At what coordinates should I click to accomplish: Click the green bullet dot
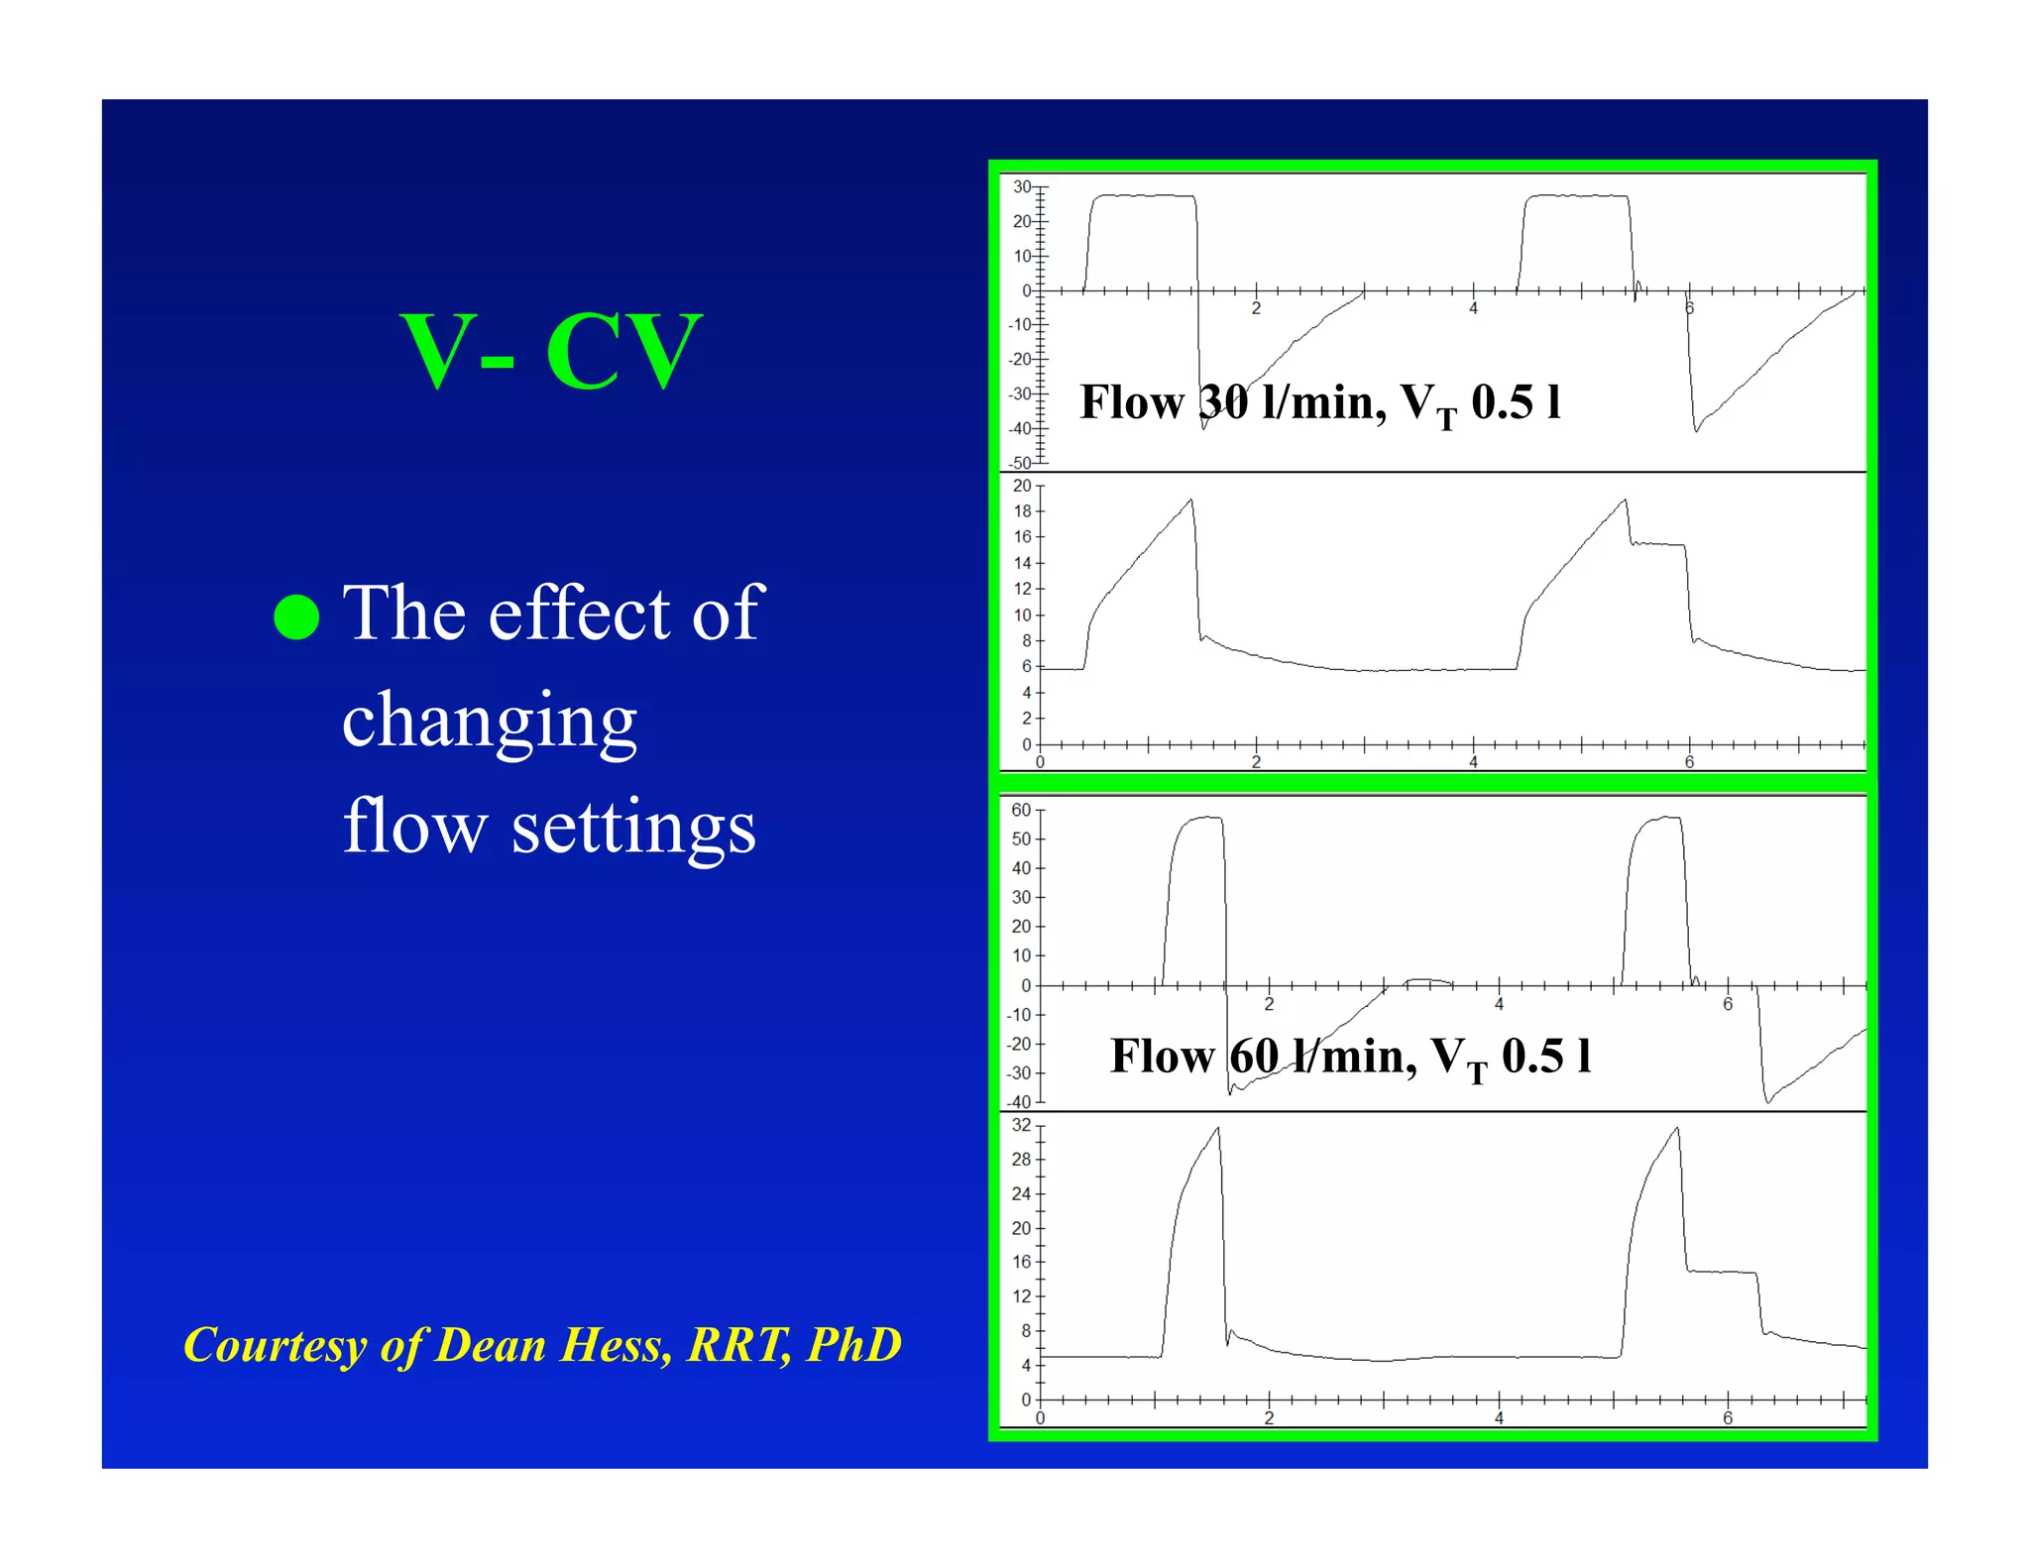[x=296, y=616]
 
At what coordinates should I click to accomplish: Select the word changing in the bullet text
[x=489, y=721]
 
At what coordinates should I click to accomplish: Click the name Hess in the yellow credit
[x=614, y=1345]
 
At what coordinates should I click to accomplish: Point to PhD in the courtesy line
[x=853, y=1345]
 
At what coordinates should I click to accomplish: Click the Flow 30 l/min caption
[x=1319, y=402]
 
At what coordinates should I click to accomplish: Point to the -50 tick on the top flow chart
[x=1020, y=463]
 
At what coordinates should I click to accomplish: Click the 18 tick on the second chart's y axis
[x=1022, y=511]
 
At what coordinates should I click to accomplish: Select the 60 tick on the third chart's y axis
[x=1021, y=810]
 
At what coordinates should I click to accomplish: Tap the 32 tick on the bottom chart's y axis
[x=1021, y=1125]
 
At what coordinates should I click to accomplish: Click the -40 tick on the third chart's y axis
[x=1019, y=1102]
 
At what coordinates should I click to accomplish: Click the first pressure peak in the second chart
[x=1190, y=501]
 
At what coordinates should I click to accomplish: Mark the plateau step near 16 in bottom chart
[x=1721, y=1272]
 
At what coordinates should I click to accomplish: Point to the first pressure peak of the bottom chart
[x=1217, y=1129]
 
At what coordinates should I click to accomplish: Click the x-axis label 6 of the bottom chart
[x=1728, y=1418]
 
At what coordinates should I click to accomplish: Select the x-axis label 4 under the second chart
[x=1473, y=762]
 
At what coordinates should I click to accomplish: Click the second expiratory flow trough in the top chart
[x=1696, y=430]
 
